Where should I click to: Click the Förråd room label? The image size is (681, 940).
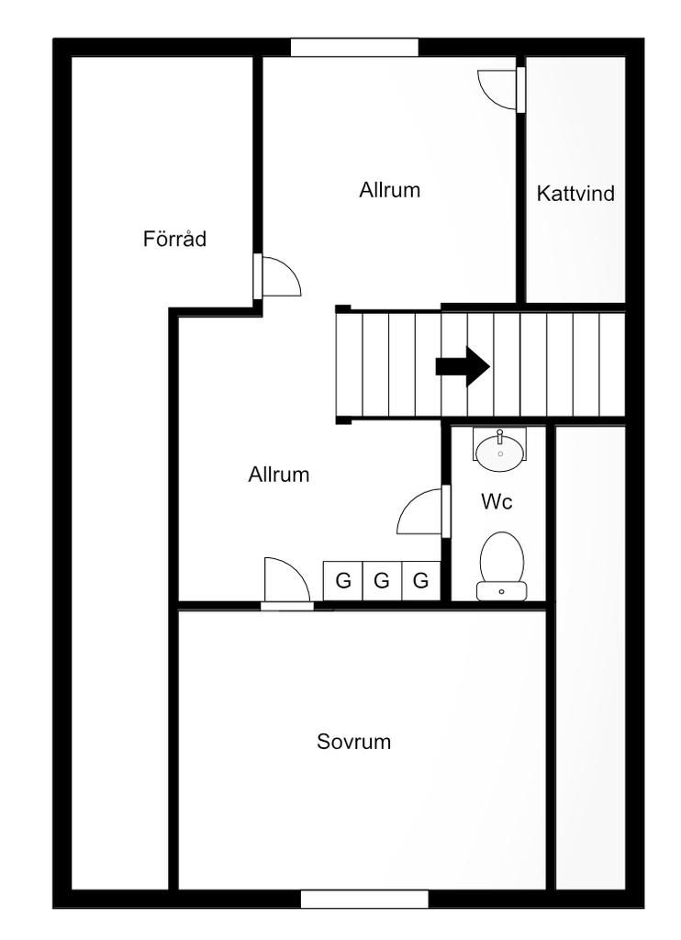click(x=174, y=240)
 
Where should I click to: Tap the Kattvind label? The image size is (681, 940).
click(x=575, y=194)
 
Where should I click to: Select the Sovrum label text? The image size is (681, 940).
click(x=354, y=742)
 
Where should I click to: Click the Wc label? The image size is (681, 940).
click(x=497, y=502)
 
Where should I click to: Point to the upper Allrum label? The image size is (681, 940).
click(x=390, y=190)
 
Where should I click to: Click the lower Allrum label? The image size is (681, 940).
click(x=279, y=475)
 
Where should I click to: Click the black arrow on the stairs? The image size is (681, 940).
click(x=463, y=365)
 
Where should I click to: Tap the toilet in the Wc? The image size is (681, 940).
click(x=501, y=560)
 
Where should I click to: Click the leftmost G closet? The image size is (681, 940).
click(x=343, y=580)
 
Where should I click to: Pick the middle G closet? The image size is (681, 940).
click(x=383, y=580)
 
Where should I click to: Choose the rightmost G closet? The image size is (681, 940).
click(x=421, y=580)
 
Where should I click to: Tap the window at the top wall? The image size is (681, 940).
click(x=354, y=48)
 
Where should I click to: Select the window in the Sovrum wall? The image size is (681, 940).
click(x=364, y=899)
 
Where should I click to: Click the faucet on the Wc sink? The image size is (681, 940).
click(x=500, y=434)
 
